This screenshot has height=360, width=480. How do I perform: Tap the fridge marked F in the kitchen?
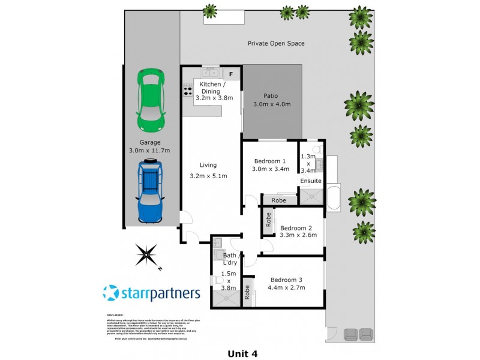coord(232,74)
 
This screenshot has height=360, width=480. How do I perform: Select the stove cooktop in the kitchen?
coord(187,89)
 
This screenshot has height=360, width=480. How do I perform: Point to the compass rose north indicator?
coord(147,255)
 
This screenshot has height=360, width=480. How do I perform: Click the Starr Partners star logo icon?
coord(112,294)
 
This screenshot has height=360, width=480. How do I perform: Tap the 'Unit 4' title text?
coord(242,353)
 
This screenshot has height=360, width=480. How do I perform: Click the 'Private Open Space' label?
coord(276,43)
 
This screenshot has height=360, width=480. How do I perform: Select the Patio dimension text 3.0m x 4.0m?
coord(272,104)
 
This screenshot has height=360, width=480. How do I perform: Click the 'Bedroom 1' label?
coord(270,161)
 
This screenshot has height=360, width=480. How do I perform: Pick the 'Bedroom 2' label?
coord(296,227)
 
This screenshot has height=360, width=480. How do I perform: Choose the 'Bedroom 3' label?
coord(287,280)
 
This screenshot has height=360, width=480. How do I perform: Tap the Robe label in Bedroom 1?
coord(278,200)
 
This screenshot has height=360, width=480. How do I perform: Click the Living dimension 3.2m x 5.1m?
coord(209,176)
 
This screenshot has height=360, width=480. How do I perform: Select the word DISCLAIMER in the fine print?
coord(115,314)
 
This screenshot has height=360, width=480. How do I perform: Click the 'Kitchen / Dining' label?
coord(209,88)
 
